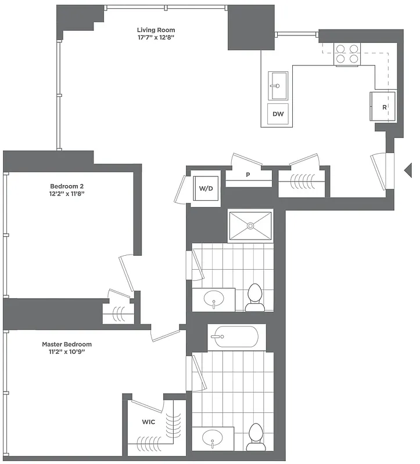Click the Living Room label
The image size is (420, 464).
pyautogui.click(x=156, y=30)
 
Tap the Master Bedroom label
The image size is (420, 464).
pyautogui.click(x=67, y=344)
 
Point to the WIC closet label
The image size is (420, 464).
pyautogui.click(x=148, y=422)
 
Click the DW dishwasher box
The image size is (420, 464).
pyautogui.click(x=278, y=114)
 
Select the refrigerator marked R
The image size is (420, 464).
pyautogui.click(x=383, y=107)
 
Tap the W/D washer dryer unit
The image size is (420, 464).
pyautogui.click(x=206, y=188)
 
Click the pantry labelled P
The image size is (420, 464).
pyautogui.click(x=248, y=175)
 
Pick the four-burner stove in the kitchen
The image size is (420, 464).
pyautogui.click(x=347, y=54)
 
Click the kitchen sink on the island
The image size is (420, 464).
pyautogui.click(x=278, y=86)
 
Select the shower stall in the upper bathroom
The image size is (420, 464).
pyautogui.click(x=250, y=225)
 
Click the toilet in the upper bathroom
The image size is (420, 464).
pyautogui.click(x=254, y=298)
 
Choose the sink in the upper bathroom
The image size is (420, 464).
pyautogui.click(x=213, y=300)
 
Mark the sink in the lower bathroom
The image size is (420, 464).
pyautogui.click(x=213, y=439)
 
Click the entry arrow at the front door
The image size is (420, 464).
pyautogui.click(x=408, y=169)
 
